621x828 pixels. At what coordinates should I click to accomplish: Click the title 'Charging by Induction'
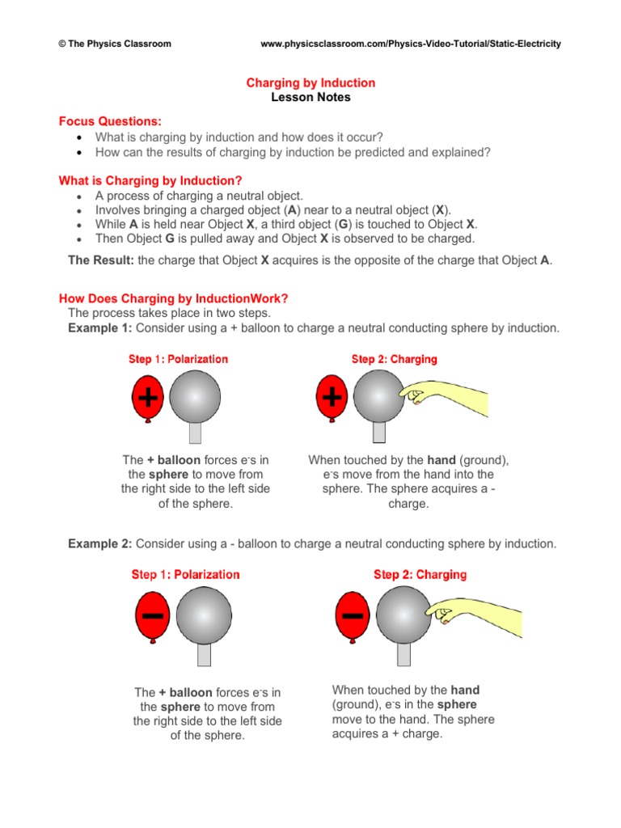point(310,82)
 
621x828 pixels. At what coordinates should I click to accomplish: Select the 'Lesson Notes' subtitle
point(310,97)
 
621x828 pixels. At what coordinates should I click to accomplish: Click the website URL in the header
point(411,44)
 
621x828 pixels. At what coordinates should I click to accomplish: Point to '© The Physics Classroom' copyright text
point(115,44)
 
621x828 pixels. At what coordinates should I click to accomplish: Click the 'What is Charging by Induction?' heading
point(150,180)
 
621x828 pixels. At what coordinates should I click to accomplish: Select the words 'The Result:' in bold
point(101,260)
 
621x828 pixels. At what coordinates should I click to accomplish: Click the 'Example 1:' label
point(100,327)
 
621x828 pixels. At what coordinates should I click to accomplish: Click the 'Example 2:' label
point(100,544)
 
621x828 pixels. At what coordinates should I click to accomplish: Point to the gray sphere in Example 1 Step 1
point(194,397)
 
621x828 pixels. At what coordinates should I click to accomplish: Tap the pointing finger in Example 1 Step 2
point(415,395)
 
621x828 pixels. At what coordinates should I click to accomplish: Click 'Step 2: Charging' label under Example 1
point(394,359)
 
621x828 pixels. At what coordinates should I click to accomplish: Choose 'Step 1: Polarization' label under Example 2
point(185,575)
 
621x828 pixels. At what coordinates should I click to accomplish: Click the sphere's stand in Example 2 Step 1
point(204,653)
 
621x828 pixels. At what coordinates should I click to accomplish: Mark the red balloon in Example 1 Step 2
point(332,399)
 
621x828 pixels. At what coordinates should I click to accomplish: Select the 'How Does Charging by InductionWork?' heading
point(174,298)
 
